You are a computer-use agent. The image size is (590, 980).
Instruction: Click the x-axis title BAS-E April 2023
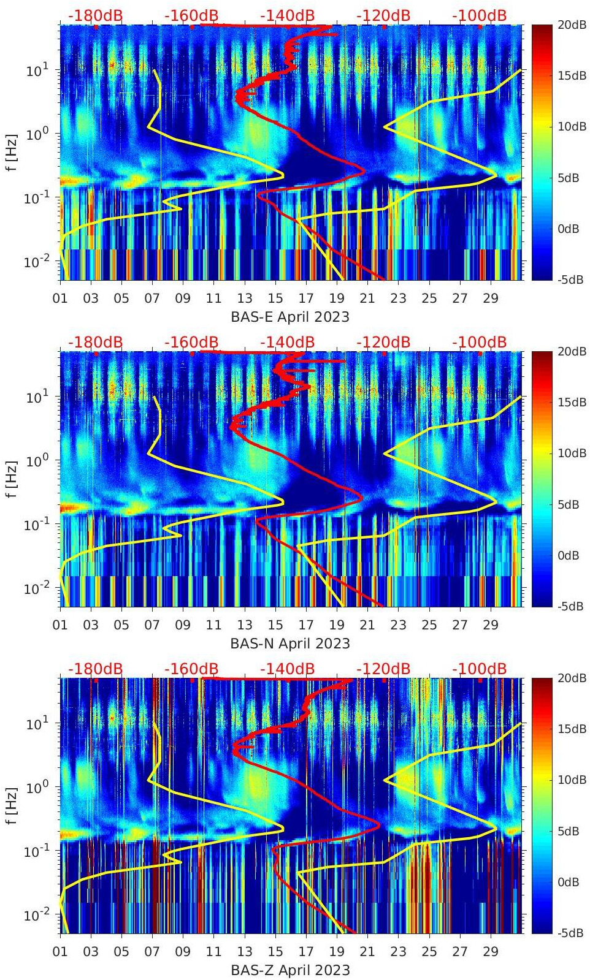290,317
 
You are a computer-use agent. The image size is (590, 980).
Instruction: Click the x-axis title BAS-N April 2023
290,644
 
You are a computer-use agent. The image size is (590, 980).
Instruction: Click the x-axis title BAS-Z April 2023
290,970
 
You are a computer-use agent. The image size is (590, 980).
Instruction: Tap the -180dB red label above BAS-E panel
95,15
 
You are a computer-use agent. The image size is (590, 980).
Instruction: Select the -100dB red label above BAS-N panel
480,342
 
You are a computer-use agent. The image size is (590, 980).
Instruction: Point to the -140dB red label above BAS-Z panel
288,669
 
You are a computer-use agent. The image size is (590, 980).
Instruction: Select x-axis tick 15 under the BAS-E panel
275,298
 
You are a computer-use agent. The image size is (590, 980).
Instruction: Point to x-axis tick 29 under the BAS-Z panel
491,952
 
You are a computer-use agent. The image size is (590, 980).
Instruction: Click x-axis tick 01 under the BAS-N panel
60,625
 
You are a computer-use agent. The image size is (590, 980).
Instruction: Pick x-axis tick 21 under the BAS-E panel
367,298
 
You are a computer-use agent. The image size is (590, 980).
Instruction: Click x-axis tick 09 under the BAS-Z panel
183,952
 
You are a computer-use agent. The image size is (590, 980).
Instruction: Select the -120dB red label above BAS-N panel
383,342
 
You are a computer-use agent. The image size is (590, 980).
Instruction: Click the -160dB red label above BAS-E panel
191,15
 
